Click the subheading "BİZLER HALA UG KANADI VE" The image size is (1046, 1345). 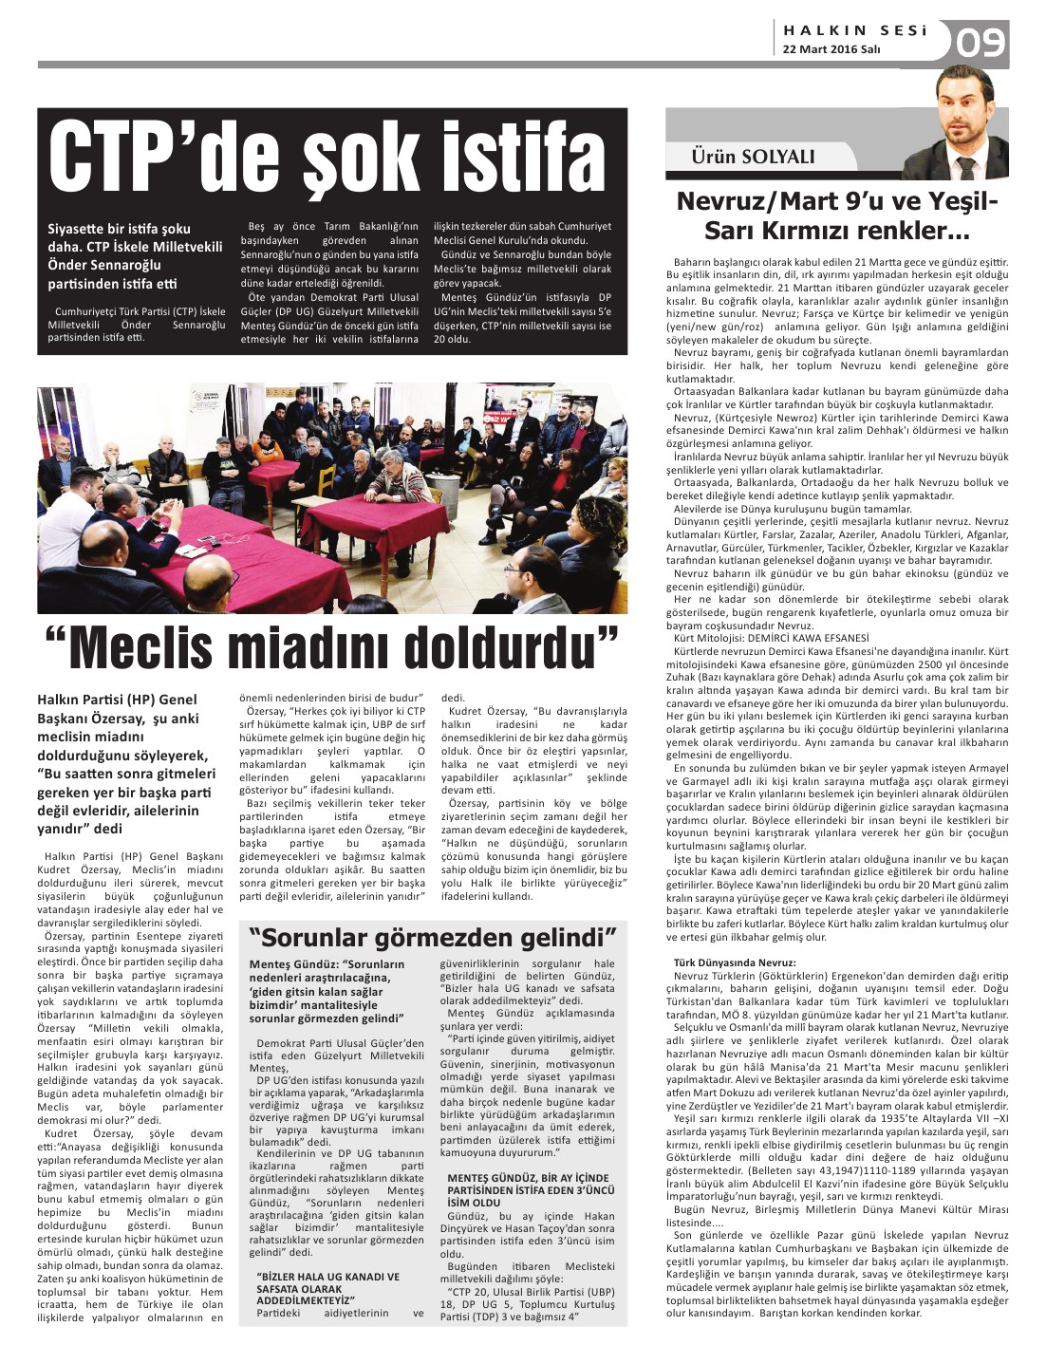[328, 1277]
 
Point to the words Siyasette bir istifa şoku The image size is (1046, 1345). [120, 229]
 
